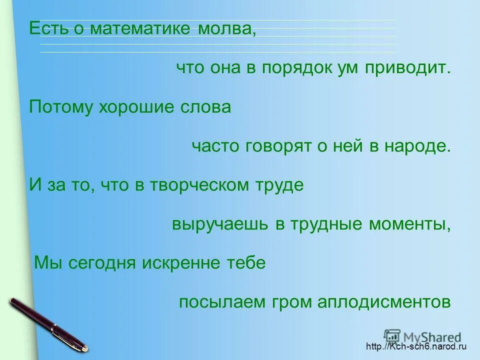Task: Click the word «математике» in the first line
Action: [x=140, y=28]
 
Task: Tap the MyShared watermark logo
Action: [x=422, y=336]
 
